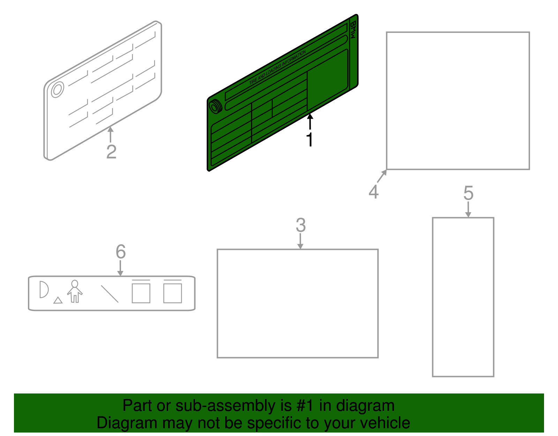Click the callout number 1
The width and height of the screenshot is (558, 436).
click(x=310, y=140)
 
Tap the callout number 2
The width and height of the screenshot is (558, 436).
click(x=112, y=152)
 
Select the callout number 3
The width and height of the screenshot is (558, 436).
click(x=301, y=225)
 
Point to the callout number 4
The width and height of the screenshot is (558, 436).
click(x=374, y=192)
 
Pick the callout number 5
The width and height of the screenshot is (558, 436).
click(x=468, y=193)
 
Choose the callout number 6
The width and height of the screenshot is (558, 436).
click(x=121, y=252)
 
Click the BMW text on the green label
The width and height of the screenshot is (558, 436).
click(x=353, y=30)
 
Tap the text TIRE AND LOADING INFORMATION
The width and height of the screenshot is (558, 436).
click(x=277, y=68)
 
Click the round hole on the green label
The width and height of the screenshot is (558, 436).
click(x=215, y=107)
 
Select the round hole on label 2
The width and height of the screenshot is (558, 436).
click(x=57, y=90)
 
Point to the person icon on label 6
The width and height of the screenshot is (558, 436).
click(x=75, y=291)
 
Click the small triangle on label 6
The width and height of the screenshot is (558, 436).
click(x=58, y=300)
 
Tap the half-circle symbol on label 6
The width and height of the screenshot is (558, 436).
click(x=44, y=289)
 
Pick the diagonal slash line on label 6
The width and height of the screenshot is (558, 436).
click(x=110, y=294)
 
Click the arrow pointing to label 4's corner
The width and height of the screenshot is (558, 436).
click(x=382, y=176)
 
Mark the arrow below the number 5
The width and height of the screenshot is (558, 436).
click(x=468, y=210)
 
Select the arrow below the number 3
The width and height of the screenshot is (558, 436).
click(x=300, y=241)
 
